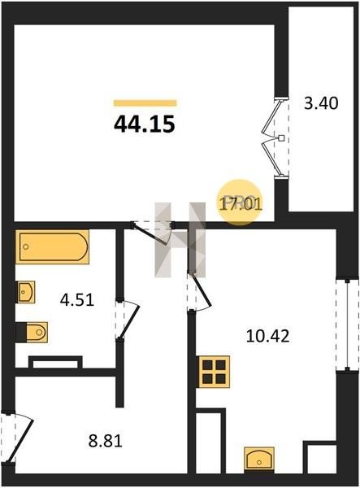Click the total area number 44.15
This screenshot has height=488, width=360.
tap(145, 124)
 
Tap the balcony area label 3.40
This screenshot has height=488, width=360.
tap(321, 103)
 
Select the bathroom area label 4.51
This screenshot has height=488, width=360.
tap(77, 300)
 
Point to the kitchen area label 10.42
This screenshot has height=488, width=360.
tap(267, 336)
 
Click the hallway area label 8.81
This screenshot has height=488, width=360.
tap(106, 441)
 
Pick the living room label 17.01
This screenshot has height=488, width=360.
tap(241, 204)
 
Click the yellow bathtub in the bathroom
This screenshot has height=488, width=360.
tap(52, 246)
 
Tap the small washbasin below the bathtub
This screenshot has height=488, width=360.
tap(25, 292)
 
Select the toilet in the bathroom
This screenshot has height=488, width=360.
tap(32, 333)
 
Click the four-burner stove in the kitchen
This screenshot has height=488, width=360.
tap(215, 372)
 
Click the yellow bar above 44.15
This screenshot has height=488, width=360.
tap(145, 103)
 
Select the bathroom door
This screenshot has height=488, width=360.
tap(128, 319)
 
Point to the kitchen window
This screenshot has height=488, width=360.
tap(347, 325)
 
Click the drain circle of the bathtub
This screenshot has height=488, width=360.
tap(26, 246)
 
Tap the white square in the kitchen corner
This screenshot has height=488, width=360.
tap(322, 459)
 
